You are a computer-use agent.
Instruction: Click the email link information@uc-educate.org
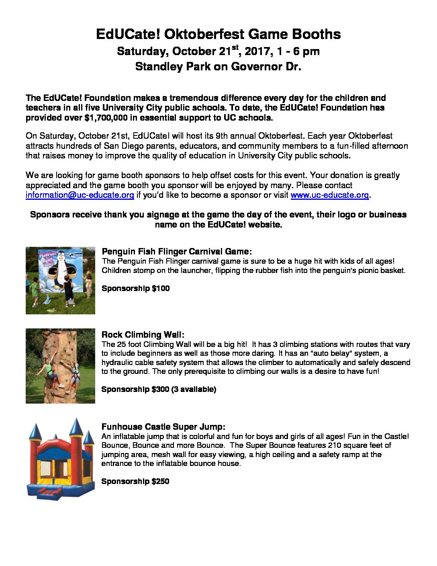pos(80,195)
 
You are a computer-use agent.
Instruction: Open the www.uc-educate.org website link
pos(329,195)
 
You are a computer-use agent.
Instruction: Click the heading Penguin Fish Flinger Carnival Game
pos(177,252)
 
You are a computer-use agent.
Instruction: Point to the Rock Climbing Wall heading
pos(143,335)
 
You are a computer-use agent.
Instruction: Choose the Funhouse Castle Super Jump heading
pos(163,427)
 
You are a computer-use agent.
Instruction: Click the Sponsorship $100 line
pos(135,288)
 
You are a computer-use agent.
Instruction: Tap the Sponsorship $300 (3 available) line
pos(159,389)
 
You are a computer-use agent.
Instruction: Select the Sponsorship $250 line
pos(135,481)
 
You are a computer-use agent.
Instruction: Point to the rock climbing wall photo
pos(60,366)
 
